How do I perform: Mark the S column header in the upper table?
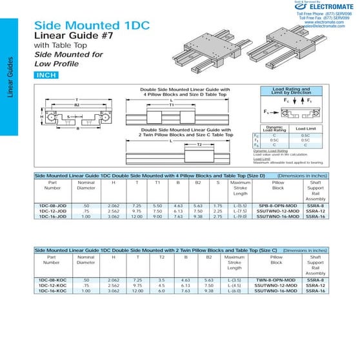click(x=219, y=182)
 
